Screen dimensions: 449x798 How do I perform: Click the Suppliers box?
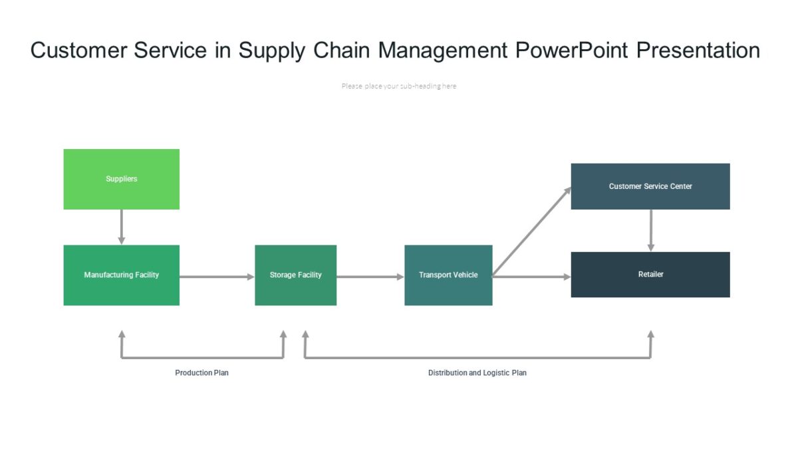click(x=121, y=179)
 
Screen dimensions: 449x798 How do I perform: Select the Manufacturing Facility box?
click(x=121, y=275)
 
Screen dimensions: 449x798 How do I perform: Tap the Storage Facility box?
click(x=295, y=275)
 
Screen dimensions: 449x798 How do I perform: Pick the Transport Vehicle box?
click(x=448, y=275)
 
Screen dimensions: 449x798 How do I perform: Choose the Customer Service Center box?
click(x=650, y=186)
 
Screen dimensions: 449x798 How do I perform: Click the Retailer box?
click(x=650, y=274)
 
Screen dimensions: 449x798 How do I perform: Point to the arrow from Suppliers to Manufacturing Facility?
click(x=121, y=227)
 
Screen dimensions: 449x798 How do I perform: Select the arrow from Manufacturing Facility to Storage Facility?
click(x=217, y=277)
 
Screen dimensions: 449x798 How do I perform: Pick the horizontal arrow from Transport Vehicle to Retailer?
click(x=532, y=277)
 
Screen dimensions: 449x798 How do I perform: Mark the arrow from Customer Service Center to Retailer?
click(x=650, y=230)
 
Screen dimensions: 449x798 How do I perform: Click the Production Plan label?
click(x=201, y=373)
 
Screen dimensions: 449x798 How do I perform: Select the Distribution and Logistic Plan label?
click(x=477, y=373)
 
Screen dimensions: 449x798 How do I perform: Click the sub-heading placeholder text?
click(x=398, y=86)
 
